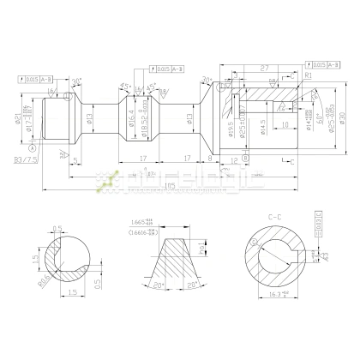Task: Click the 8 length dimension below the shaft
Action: tap(210, 159)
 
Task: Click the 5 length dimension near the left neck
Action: tap(76, 159)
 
